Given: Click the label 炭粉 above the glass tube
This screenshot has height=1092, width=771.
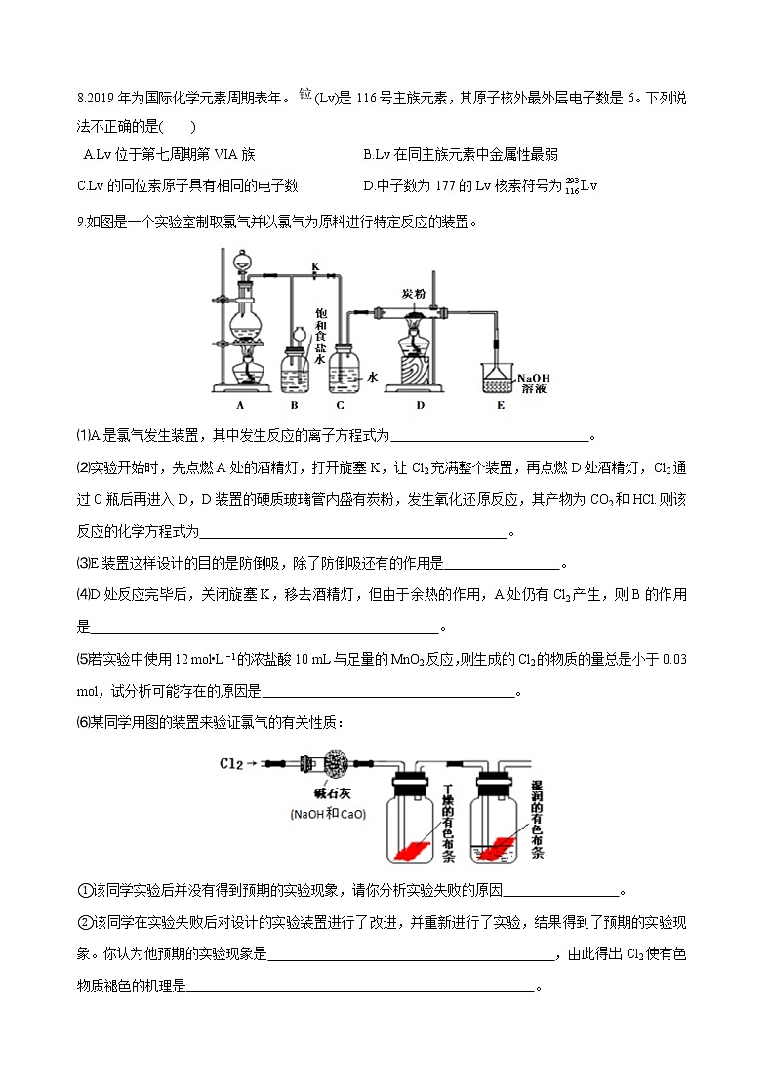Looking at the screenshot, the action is [x=413, y=294].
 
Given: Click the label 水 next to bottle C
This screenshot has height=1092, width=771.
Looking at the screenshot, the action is [x=372, y=375].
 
